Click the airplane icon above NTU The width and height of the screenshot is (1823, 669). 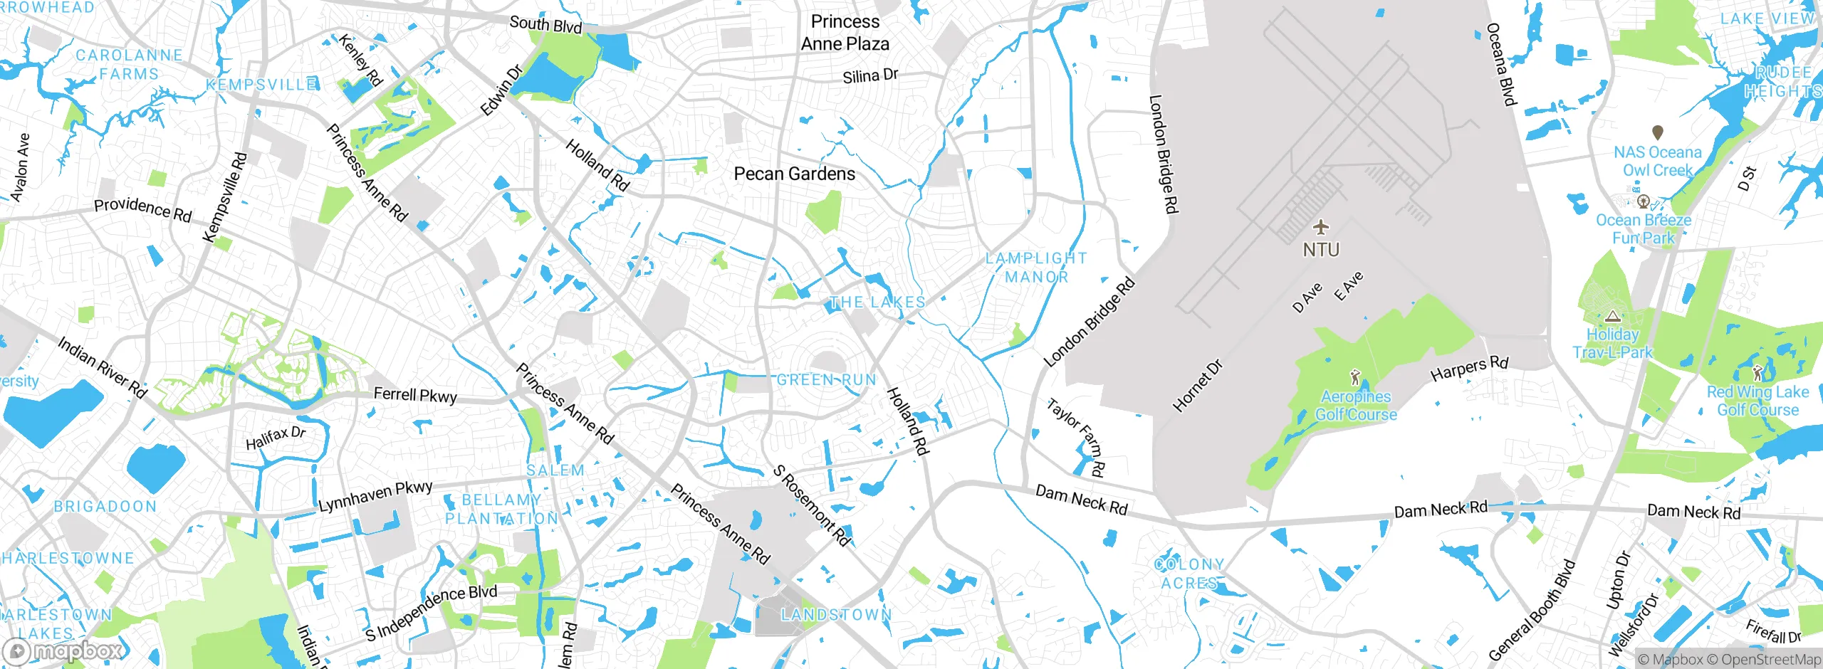pos(1321,228)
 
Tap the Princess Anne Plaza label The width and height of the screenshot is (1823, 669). pos(845,33)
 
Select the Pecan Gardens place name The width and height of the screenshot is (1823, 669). pos(795,174)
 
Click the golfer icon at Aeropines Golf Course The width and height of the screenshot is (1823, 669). pos(1355,377)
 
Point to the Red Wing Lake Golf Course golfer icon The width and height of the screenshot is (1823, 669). pos(1757,372)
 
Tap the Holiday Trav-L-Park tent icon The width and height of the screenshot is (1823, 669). pos(1613,316)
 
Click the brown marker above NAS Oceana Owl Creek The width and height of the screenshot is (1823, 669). pos(1658,132)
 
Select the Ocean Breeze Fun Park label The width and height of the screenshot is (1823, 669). pos(1644,229)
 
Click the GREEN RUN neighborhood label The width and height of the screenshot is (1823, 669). pos(826,380)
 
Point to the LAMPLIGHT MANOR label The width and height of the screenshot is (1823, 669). pos(1036,268)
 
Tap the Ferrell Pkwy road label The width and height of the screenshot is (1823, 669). pos(415,395)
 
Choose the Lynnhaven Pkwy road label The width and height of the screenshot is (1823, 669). pos(375,496)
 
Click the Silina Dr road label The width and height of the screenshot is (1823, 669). pos(870,75)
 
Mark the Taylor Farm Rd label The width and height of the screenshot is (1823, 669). pos(1076,437)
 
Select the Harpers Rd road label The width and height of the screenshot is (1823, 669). pos(1469,369)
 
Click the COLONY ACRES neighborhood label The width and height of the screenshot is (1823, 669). pos(1189,574)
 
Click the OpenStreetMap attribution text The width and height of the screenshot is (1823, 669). pos(1769,660)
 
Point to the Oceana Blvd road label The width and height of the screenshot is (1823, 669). pos(1500,64)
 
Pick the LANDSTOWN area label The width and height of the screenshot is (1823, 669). pos(836,614)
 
